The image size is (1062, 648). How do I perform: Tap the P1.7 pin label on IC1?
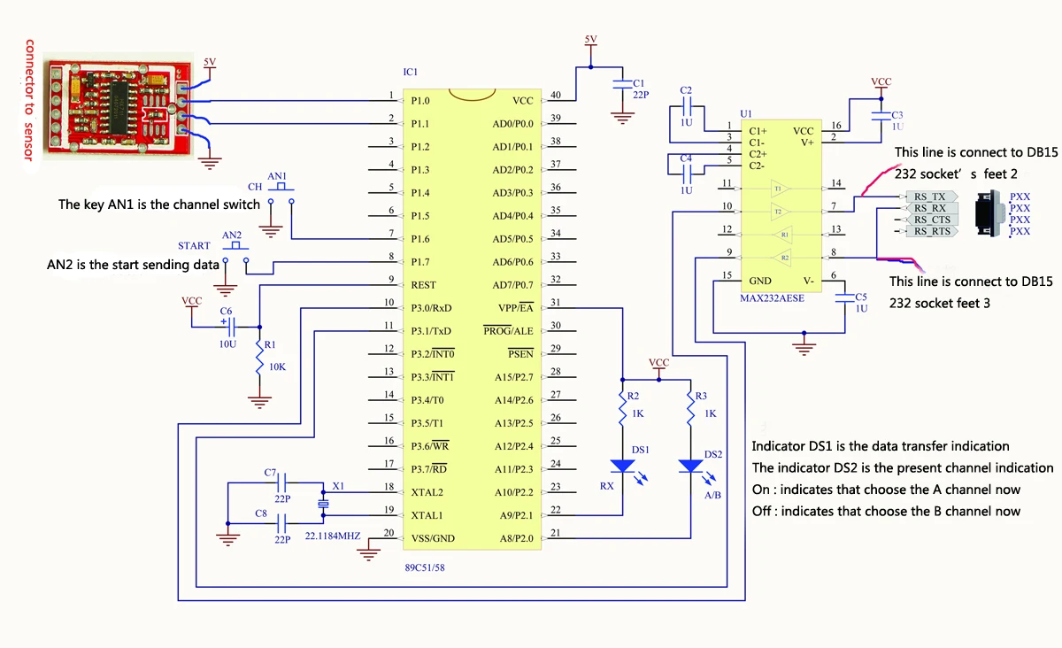420,262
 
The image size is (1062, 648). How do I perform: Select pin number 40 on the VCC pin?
556,96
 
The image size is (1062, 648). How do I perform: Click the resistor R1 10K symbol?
259,358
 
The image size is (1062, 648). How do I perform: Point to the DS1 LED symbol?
623,466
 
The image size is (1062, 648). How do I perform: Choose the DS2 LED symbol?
690,466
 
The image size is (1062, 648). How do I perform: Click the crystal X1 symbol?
323,504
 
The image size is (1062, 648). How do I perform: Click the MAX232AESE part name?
773,299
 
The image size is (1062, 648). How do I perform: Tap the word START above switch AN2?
194,246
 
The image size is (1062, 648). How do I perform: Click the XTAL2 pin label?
427,491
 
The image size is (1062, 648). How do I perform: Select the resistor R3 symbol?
690,412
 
